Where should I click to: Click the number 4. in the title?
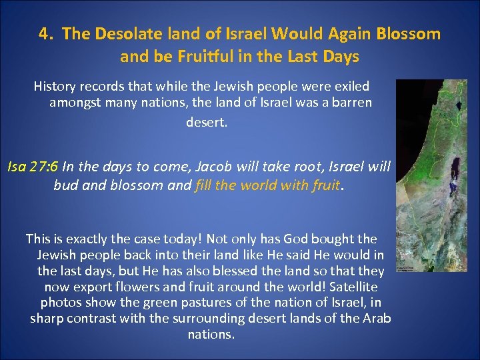(x=47, y=34)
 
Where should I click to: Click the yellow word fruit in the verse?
(x=324, y=185)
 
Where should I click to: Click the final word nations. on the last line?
(x=211, y=334)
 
